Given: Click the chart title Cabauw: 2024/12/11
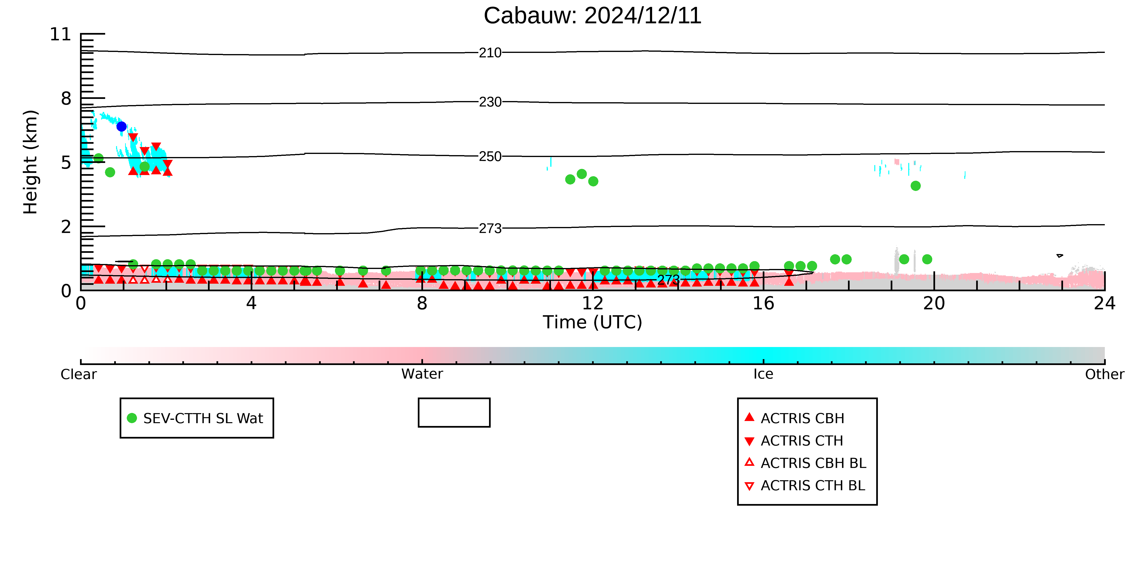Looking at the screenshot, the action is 593,16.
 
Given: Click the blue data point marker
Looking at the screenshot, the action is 122,127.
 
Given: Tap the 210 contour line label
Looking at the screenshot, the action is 490,53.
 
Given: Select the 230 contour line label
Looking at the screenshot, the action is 490,102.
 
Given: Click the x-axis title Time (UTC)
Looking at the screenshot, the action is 593,323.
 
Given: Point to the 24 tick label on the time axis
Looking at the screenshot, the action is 1105,304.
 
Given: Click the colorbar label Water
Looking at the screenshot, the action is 422,374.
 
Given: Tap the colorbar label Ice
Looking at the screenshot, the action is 764,374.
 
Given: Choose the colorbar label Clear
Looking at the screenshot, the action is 79,374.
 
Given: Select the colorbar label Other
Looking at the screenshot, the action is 1105,374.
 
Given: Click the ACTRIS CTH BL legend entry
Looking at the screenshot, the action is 805,486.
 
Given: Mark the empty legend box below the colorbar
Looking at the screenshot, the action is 454,399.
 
